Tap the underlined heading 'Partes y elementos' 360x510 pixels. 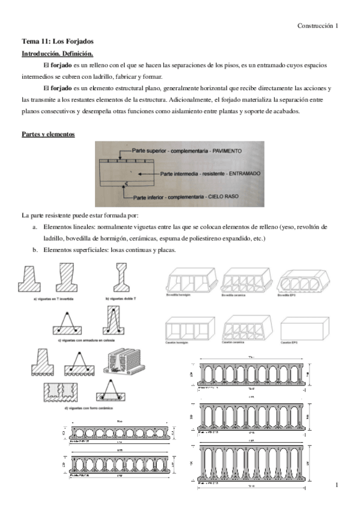[x=48, y=134]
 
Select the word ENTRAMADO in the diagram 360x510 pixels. [x=238, y=173]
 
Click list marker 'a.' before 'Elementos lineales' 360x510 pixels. [x=35, y=227]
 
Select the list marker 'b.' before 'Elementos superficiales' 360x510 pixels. [x=35, y=251]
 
